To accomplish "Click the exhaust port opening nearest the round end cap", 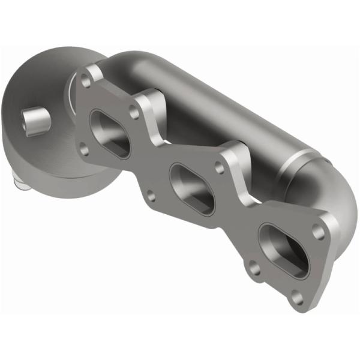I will tap(109, 134).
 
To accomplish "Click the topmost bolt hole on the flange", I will tap(91, 79).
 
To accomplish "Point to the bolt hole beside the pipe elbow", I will tap(318, 230).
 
